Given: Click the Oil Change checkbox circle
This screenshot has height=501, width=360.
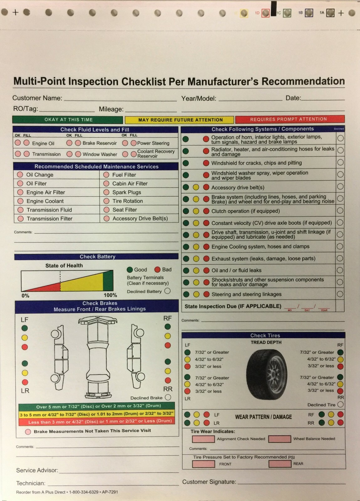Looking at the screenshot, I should [20, 175].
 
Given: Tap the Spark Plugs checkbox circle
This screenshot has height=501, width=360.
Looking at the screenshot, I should [107, 192].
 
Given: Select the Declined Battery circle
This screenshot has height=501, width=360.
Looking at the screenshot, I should [168, 291].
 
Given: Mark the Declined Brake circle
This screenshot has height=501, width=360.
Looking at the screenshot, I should [168, 397].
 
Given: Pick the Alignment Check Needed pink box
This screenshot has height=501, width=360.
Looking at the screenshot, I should [203, 439].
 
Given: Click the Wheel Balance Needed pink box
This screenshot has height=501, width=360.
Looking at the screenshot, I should [279, 439].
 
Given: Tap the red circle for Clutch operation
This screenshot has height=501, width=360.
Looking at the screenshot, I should [206, 211].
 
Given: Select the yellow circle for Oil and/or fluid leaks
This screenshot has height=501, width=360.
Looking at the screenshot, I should [196, 270].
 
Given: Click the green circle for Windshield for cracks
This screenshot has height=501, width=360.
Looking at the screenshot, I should [186, 163].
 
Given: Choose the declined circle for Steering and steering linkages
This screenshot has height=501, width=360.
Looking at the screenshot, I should [340, 294].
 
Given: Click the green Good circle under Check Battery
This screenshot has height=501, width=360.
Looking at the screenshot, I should [130, 270].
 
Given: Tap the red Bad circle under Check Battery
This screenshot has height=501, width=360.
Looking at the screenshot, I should [157, 270].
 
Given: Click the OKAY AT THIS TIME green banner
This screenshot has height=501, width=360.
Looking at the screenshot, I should [68, 120].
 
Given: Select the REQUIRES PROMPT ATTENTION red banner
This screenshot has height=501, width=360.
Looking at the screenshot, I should [290, 119].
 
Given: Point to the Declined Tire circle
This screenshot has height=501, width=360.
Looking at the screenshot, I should [340, 405].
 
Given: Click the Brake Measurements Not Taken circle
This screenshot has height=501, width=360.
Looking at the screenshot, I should [28, 431].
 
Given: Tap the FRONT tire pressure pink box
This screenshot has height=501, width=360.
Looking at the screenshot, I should [203, 464].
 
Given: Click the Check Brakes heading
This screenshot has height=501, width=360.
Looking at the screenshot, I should [100, 303].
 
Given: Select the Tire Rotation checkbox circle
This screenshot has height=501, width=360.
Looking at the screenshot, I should [107, 201].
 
